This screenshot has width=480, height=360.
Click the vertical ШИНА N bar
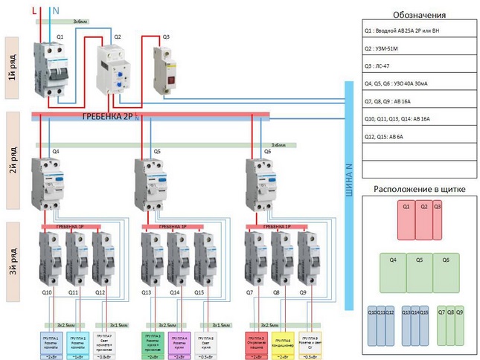[348, 193]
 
